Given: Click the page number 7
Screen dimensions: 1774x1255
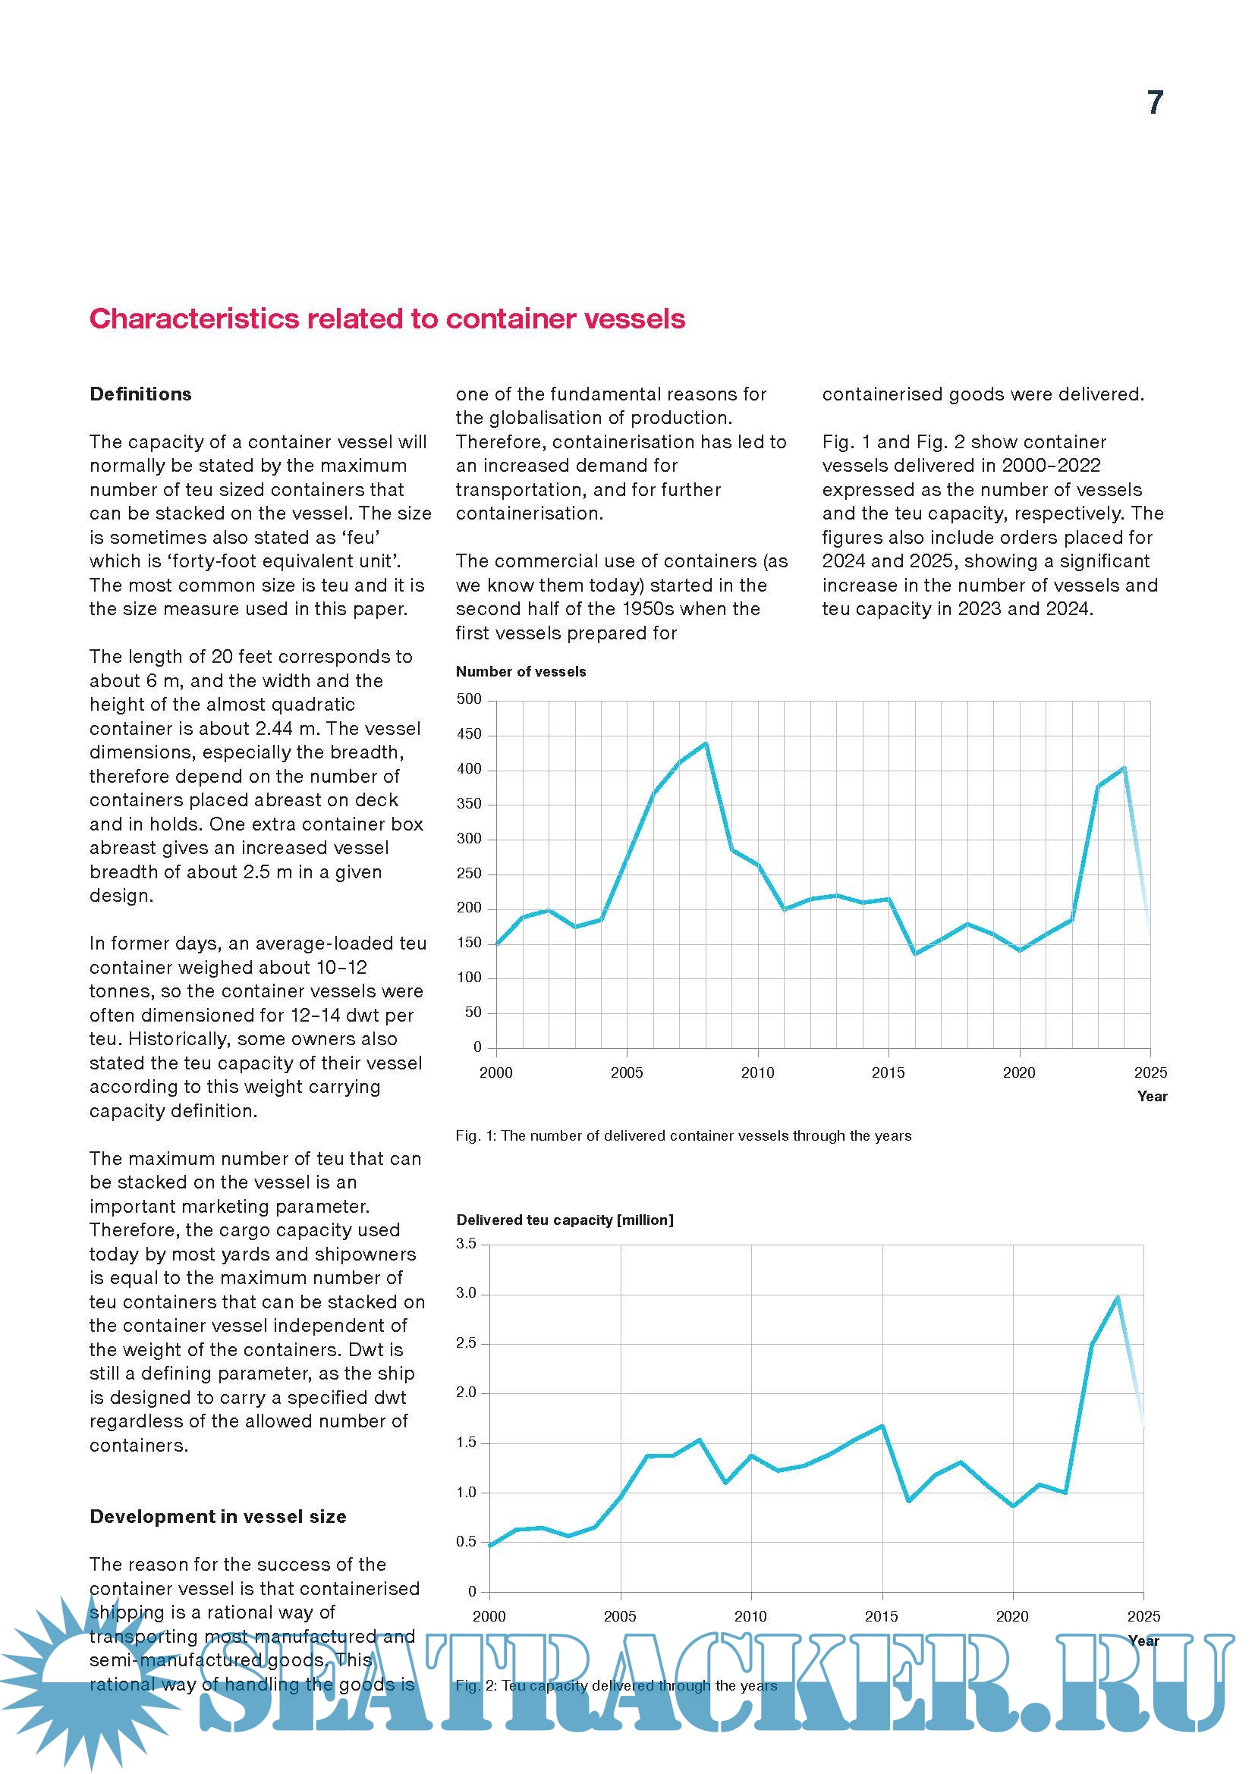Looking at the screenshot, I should pos(1155,102).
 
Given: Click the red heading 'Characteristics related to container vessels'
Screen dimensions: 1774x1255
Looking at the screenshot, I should pos(387,319).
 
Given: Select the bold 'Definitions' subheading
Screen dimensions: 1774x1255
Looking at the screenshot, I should pos(140,394).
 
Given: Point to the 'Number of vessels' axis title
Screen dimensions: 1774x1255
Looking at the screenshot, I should pos(521,671).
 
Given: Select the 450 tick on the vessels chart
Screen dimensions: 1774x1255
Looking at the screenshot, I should pos(469,734).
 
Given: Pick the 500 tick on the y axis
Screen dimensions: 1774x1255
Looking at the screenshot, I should pos(469,699).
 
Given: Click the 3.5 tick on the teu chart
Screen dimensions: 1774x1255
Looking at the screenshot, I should pos(467,1243).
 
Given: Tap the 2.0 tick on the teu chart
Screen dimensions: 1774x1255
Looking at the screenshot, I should pos(467,1393).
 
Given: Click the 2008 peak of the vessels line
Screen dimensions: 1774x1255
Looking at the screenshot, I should pos(706,743).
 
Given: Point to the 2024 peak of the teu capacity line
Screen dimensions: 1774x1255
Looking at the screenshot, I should pos(1118,1297).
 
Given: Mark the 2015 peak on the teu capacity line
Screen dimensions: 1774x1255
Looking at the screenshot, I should pos(882,1426).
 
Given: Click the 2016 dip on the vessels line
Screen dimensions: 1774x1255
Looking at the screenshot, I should pos(916,953).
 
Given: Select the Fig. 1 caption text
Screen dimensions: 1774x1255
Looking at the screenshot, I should pos(683,1136).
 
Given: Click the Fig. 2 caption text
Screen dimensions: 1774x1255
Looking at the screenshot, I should pos(616,1685).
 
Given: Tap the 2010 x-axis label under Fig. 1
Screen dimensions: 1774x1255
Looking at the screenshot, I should pos(757,1072).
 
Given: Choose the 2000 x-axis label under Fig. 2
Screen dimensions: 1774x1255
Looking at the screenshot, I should pos(489,1616).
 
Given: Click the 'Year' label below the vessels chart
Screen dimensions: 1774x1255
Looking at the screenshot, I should pos(1152,1097).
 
